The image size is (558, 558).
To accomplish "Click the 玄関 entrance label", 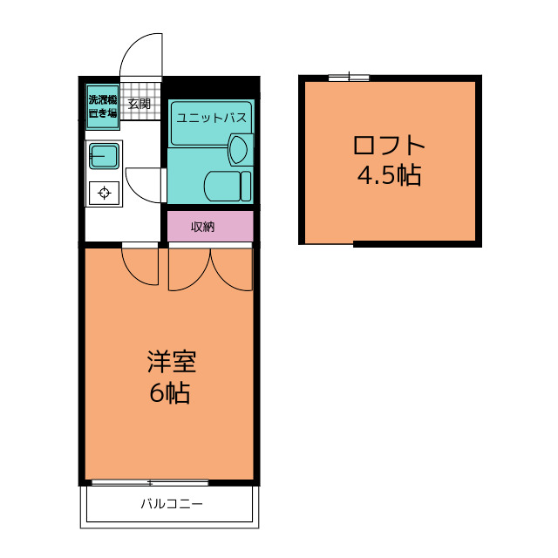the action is (139, 104).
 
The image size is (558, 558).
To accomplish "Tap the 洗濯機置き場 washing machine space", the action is (103, 106).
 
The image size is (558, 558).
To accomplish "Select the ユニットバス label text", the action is (211, 118).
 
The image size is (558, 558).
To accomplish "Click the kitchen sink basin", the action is (104, 156).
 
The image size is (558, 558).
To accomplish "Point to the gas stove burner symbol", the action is (104, 193).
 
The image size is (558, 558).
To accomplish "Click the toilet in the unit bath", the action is (228, 186).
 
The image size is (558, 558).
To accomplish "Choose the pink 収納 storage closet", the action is (210, 227).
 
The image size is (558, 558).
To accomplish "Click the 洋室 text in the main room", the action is (172, 362).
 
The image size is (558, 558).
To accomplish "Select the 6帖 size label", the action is (169, 392).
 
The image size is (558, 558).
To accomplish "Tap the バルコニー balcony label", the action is (172, 504).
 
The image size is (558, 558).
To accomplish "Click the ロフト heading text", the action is (389, 145).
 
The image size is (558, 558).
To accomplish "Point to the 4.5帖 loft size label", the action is (390, 174).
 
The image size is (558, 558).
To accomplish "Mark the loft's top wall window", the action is (349, 78).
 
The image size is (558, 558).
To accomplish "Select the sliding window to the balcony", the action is (150, 483).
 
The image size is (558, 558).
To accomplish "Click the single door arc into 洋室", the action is (131, 273).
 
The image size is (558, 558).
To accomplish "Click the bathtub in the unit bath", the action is (211, 123).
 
